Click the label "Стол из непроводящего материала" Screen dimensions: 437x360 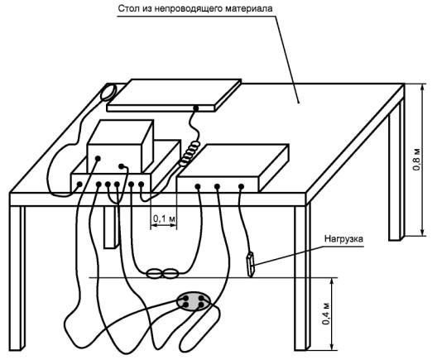coord(195,8)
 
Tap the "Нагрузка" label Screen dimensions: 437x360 coord(343,239)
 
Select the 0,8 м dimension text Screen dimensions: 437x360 coord(416,160)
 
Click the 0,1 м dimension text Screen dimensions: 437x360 coord(164,218)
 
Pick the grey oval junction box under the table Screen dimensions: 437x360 coord(193,301)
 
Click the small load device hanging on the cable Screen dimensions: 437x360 coord(251,264)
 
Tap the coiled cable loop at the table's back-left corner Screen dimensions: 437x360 coord(108,92)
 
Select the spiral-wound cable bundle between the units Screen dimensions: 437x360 coord(190,154)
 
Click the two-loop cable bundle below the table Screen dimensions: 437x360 coord(162,274)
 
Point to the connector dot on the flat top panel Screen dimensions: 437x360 coord(196,108)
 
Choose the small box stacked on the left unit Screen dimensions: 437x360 coord(120,146)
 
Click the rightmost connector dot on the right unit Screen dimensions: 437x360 coord(241,186)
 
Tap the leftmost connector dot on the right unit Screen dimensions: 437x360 coord(198,186)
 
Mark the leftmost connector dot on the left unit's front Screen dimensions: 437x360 coord(79,184)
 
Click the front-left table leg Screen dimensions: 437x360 coord(17,278)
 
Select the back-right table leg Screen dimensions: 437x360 coord(396,170)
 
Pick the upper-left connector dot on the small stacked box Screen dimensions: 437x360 coord(98,158)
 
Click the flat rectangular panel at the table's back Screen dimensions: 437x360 coord(174,95)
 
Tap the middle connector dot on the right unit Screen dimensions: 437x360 coord(217,186)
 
